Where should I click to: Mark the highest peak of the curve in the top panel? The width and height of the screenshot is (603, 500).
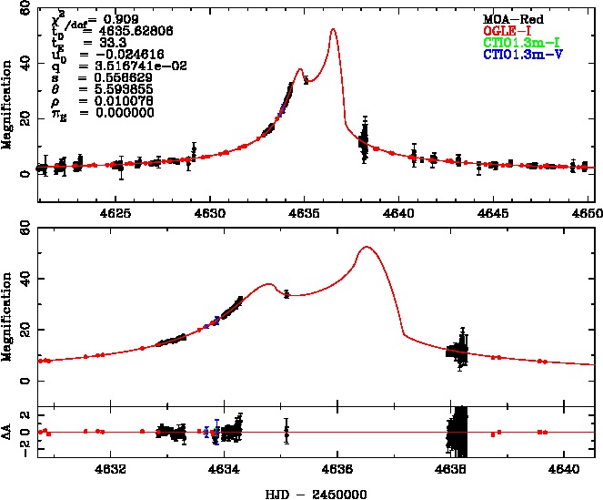coord(333,29)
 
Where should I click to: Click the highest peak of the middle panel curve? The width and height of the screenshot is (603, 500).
coord(366,247)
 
